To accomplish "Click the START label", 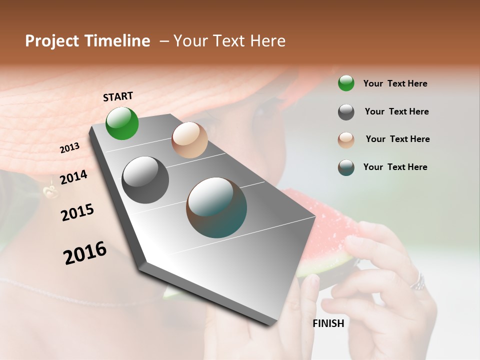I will [118, 96].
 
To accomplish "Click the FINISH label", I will [328, 323].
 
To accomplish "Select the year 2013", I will [70, 147].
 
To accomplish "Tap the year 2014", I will [73, 177].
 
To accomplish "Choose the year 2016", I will [85, 252].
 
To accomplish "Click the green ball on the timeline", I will [122, 123].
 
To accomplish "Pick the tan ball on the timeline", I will [189, 140].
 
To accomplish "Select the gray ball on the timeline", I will [145, 180].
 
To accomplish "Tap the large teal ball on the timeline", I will [216, 207].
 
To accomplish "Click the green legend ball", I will [346, 83].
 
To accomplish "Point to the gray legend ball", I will [346, 112].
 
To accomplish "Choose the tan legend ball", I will [346, 140].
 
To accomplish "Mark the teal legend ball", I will [346, 167].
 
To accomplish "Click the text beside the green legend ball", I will [395, 83].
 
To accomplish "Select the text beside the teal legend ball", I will [395, 167].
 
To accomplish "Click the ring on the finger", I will [417, 282].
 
